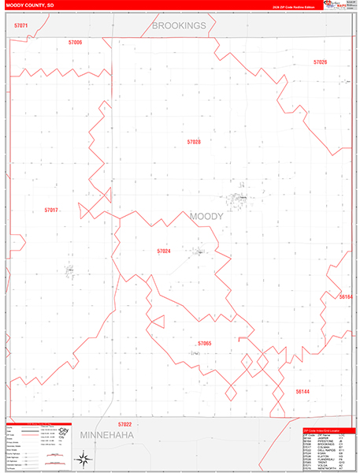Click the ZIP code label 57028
194,142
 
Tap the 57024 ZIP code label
163,251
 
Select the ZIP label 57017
51,210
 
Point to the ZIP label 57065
205,344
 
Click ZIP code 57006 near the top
76,42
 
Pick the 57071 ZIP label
21,26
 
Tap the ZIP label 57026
320,61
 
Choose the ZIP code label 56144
303,391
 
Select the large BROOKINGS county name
179,26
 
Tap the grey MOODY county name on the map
206,216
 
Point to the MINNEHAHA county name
107,434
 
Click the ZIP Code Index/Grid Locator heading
325,430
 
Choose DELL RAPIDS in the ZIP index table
324,451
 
